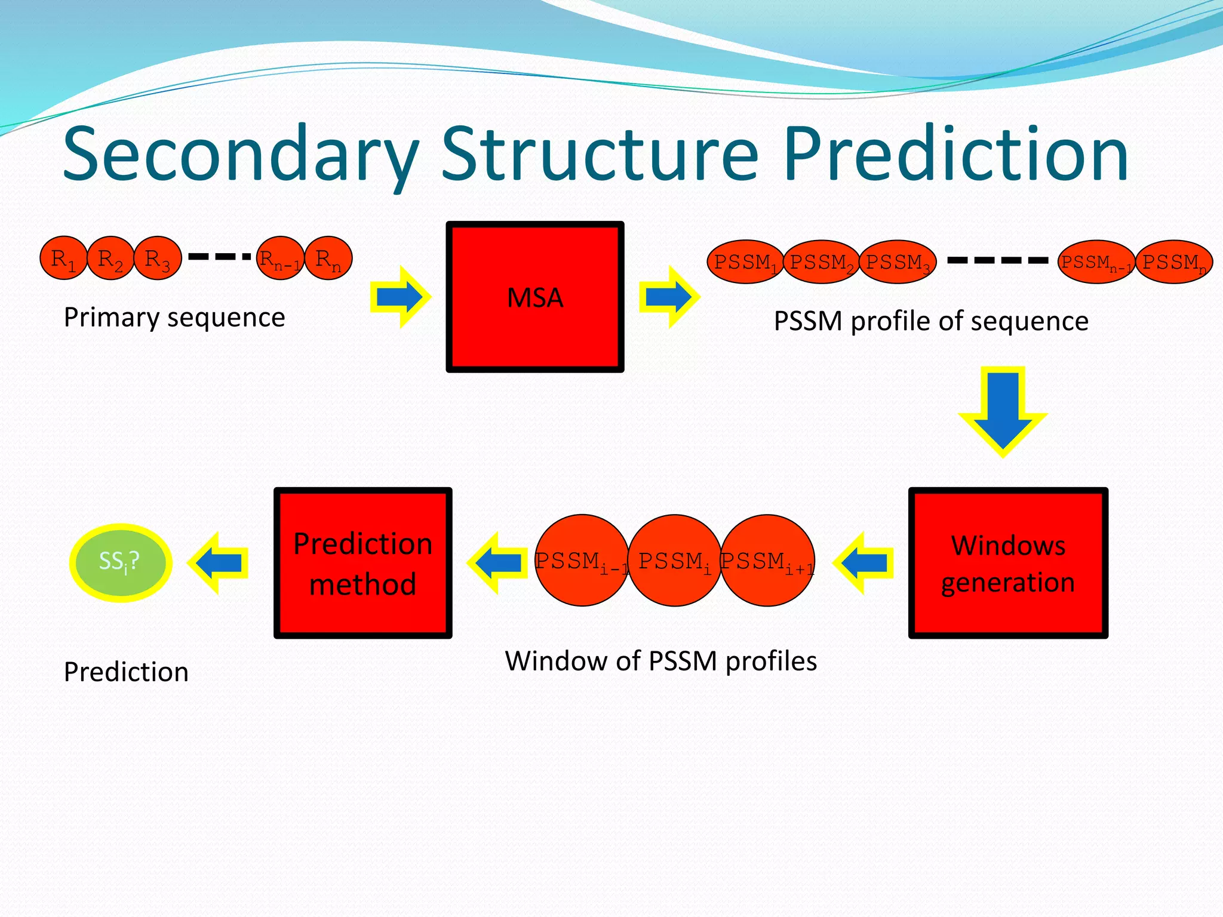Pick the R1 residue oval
pyautogui.click(x=63, y=259)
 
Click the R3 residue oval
pyautogui.click(x=157, y=259)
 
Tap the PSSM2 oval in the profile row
pyautogui.click(x=821, y=262)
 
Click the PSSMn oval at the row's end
pyautogui.click(x=1173, y=262)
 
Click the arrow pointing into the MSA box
pyautogui.click(x=400, y=297)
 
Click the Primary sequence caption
pyautogui.click(x=174, y=317)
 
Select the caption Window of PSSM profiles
pyautogui.click(x=660, y=661)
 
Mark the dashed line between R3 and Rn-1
pyautogui.click(x=219, y=257)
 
